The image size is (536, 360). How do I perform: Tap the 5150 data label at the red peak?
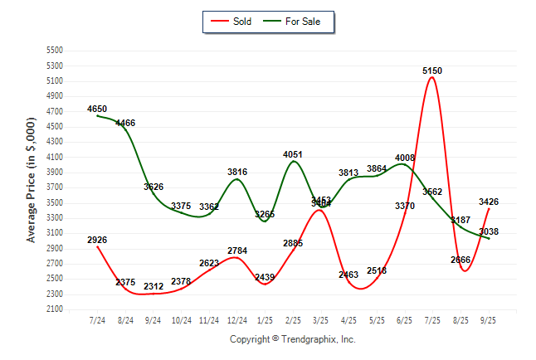coord(432,71)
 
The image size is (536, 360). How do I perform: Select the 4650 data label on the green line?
coord(97,109)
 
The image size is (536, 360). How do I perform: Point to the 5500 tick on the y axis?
coord(55,51)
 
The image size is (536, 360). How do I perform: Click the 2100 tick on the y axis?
coord(55,309)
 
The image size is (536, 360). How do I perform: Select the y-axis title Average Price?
coord(32,180)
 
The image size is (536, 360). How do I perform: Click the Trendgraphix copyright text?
coord(292,339)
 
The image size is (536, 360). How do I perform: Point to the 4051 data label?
coord(293,154)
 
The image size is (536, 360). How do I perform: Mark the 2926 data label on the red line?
coord(97,241)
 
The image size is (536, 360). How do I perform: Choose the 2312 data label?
coord(153,286)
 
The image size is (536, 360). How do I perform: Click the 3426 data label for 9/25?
coord(489,202)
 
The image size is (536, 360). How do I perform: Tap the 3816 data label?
coord(237,172)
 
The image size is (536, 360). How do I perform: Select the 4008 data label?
coord(405,158)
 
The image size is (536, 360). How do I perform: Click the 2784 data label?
coord(237,251)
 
